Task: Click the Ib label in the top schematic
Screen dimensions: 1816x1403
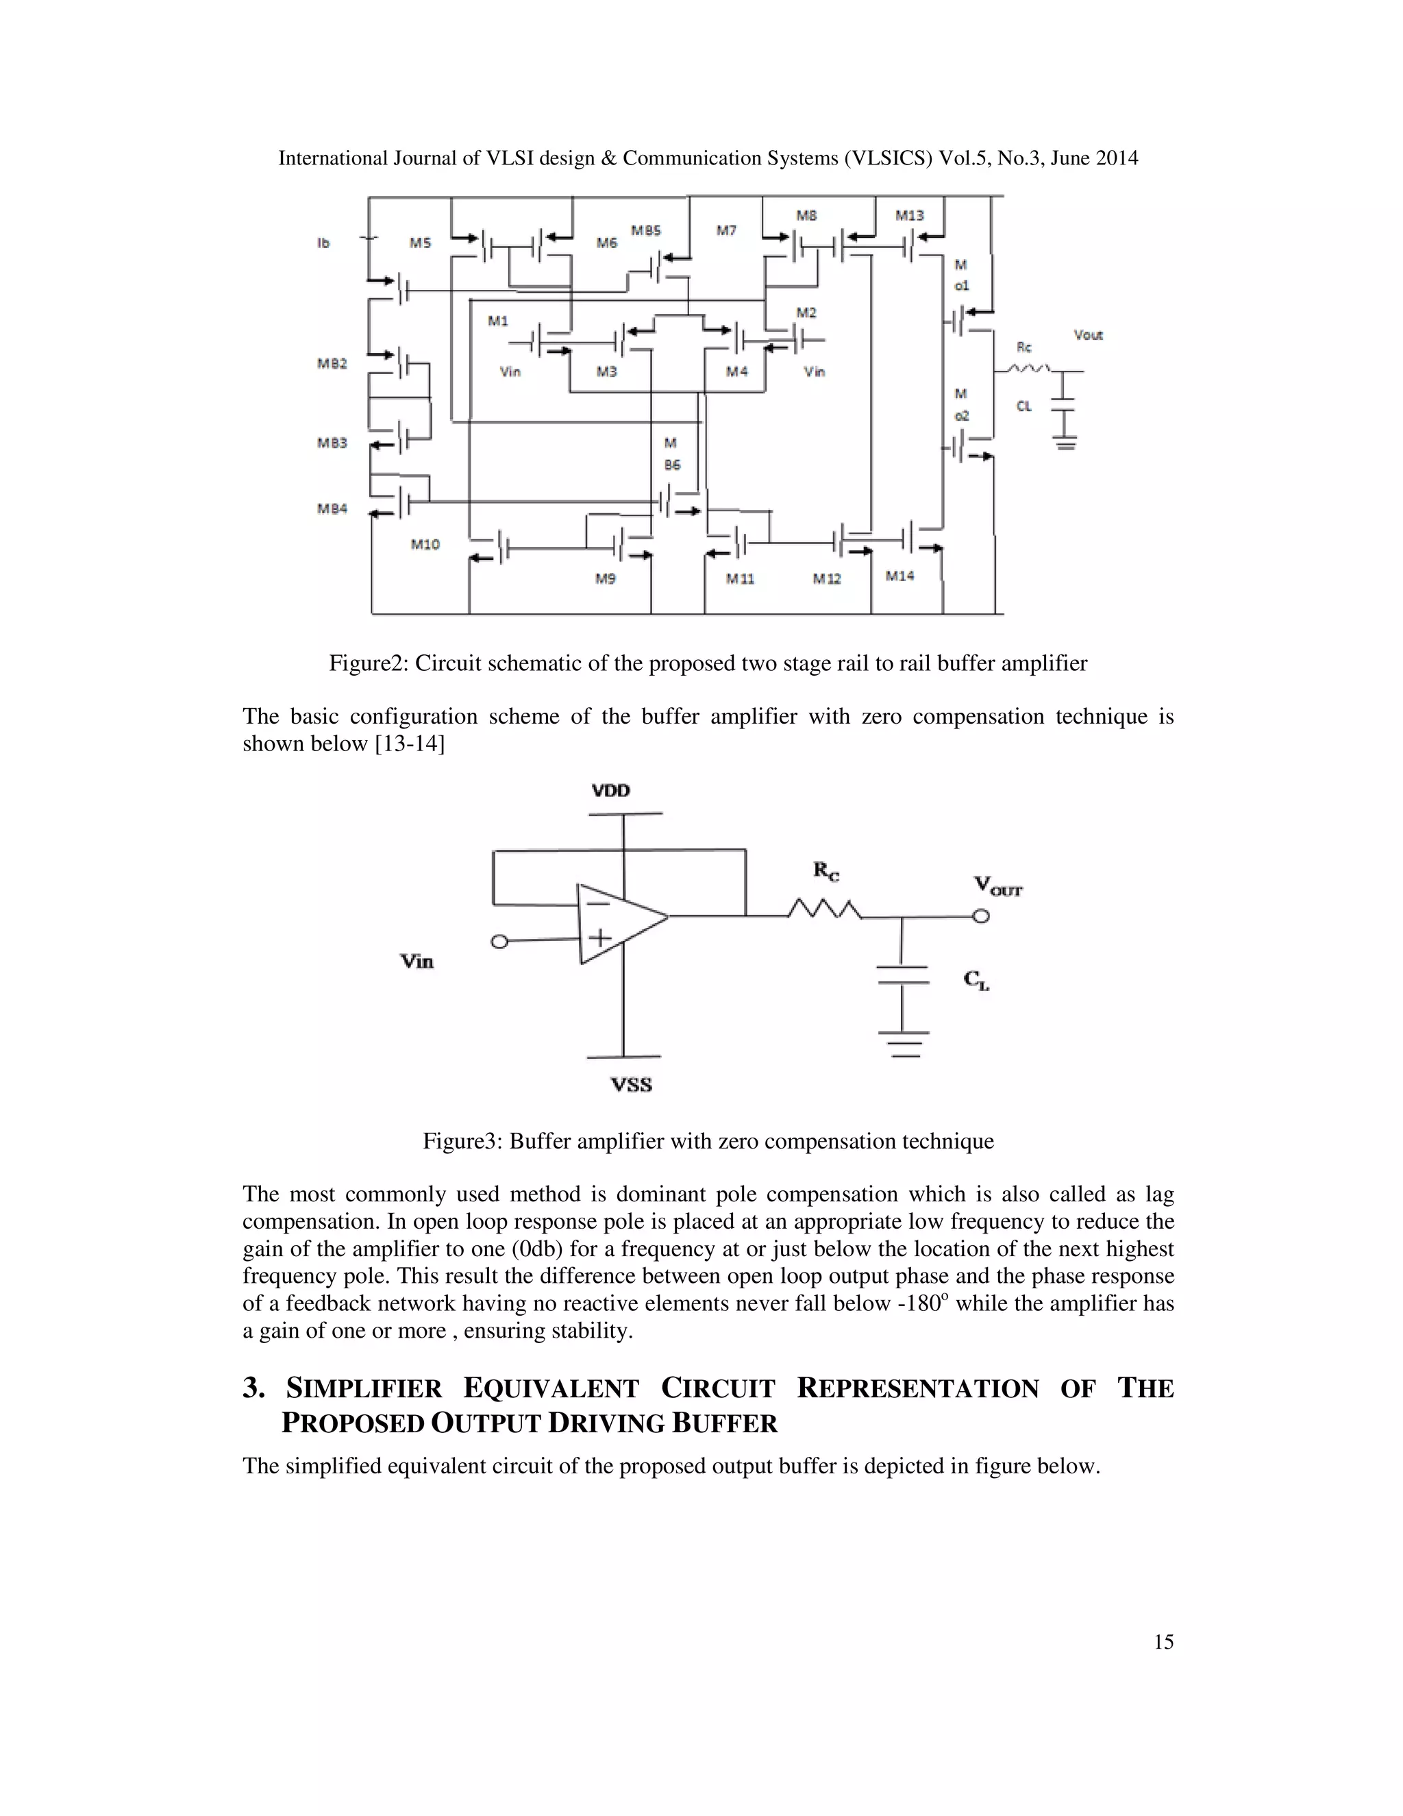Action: point(323,243)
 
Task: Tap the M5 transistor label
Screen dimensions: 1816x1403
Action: point(420,243)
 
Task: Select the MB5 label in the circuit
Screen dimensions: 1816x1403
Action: point(646,230)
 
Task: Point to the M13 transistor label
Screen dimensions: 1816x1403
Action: point(909,215)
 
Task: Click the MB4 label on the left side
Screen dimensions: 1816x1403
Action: point(332,508)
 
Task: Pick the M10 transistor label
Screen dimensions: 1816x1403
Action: point(425,544)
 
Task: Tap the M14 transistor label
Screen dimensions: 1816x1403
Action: point(899,576)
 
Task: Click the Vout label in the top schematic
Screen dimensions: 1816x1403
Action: point(1088,335)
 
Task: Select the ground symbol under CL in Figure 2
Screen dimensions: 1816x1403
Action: point(1065,443)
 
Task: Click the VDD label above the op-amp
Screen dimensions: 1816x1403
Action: point(611,790)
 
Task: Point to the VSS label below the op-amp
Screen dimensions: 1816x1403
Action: point(632,1084)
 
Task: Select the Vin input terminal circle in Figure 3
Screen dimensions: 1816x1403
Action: point(499,942)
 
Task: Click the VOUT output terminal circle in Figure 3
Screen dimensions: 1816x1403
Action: point(982,916)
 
